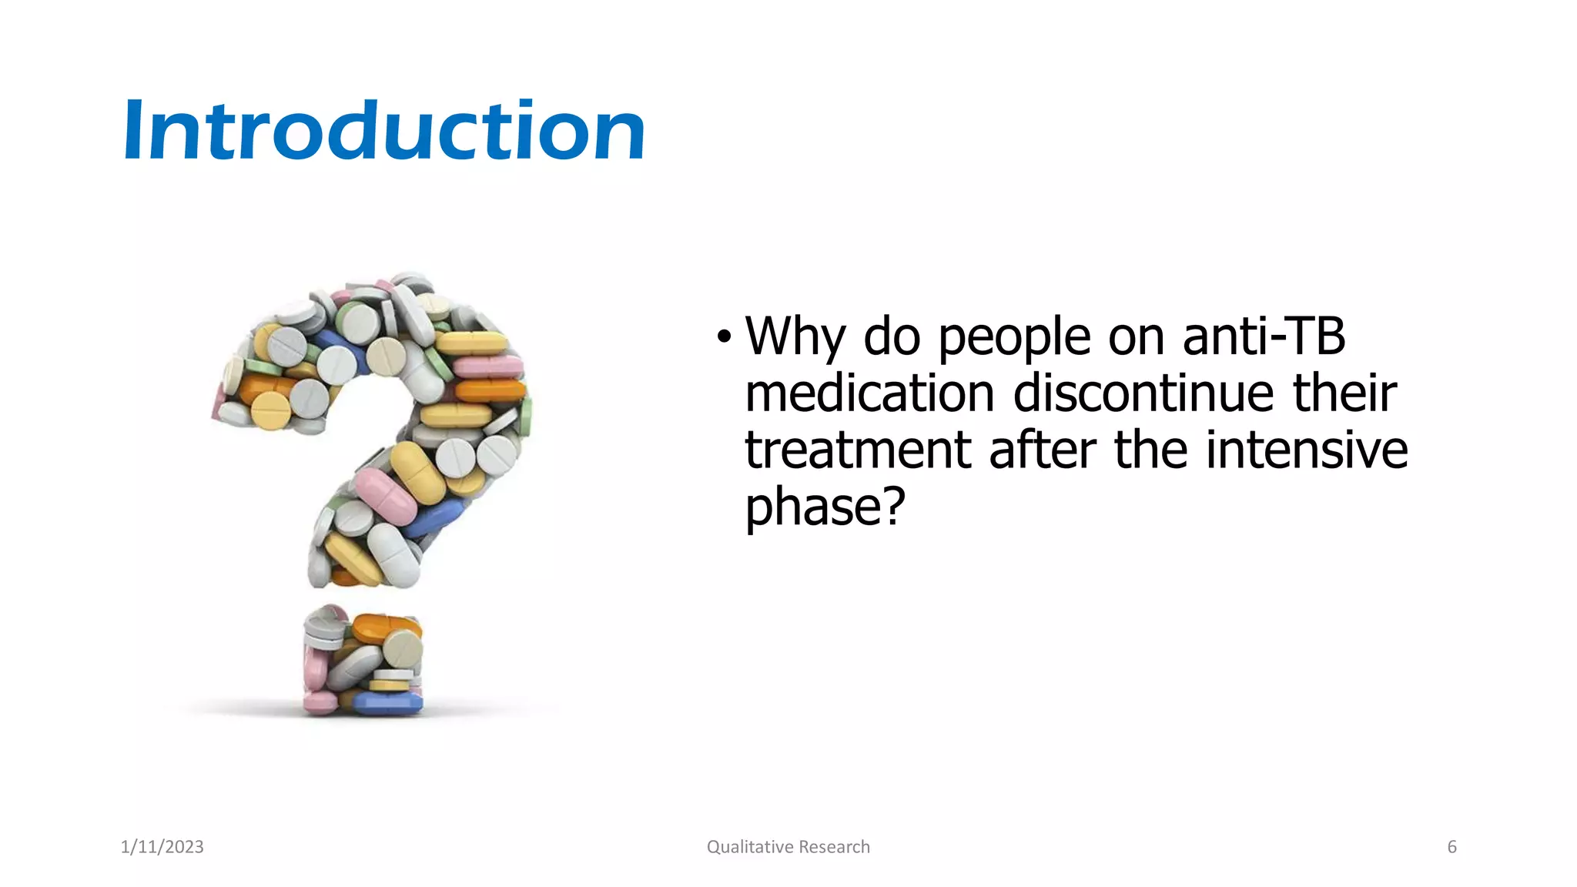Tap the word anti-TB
click(x=1263, y=337)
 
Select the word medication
click(x=870, y=393)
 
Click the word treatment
click(x=858, y=450)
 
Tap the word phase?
click(x=825, y=507)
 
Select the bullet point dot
click(x=723, y=337)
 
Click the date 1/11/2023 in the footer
click(x=162, y=847)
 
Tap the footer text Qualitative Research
click(x=788, y=847)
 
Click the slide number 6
click(x=1451, y=847)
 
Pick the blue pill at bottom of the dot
click(x=389, y=703)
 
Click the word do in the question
click(x=891, y=337)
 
